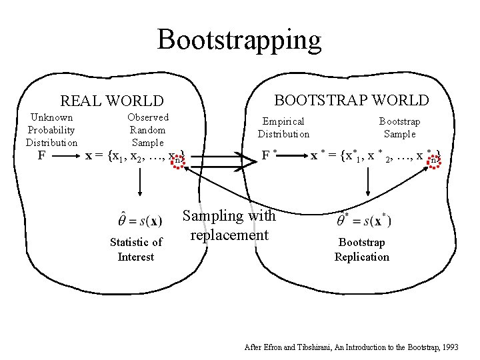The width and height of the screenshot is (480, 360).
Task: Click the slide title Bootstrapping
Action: tap(239, 39)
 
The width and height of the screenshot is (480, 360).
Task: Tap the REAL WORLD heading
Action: tap(112, 101)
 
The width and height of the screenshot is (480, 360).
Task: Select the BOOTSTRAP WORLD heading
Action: tap(351, 100)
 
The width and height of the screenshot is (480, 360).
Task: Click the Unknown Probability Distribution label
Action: tap(51, 130)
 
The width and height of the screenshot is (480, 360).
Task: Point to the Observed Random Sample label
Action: tap(148, 130)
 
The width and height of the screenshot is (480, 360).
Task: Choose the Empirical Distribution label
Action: tap(284, 127)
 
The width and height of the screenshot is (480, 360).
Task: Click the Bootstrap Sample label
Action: tap(400, 127)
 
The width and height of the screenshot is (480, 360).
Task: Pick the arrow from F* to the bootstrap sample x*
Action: tap(293, 157)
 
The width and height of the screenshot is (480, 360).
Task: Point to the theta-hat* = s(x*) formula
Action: tap(364, 219)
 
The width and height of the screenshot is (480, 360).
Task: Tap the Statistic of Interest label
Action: tap(135, 249)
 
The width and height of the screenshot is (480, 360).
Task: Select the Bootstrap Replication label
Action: tap(362, 249)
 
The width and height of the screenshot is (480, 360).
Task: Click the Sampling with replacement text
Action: tap(229, 225)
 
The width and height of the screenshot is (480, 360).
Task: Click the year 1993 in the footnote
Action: tap(449, 348)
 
